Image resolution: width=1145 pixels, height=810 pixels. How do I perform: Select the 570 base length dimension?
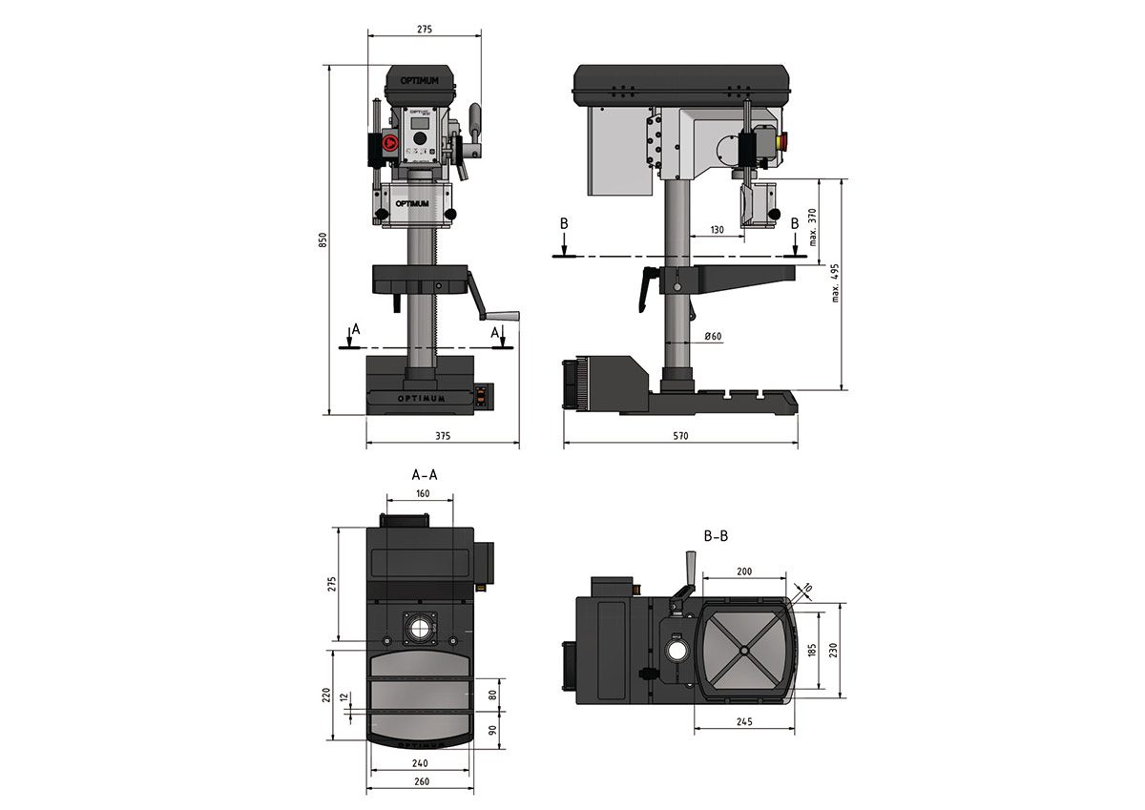[x=679, y=435]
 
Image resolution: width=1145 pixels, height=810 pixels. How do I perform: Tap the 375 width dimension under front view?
[x=442, y=435]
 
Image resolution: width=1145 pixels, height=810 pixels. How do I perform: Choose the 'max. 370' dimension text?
[x=814, y=227]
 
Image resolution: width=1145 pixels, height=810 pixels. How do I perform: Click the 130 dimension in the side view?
[x=718, y=230]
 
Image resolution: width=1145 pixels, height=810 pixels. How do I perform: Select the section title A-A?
[x=425, y=474]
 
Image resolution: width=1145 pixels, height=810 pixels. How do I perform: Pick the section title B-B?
[x=716, y=537]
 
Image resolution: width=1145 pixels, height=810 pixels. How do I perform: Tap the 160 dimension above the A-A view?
[x=423, y=494]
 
